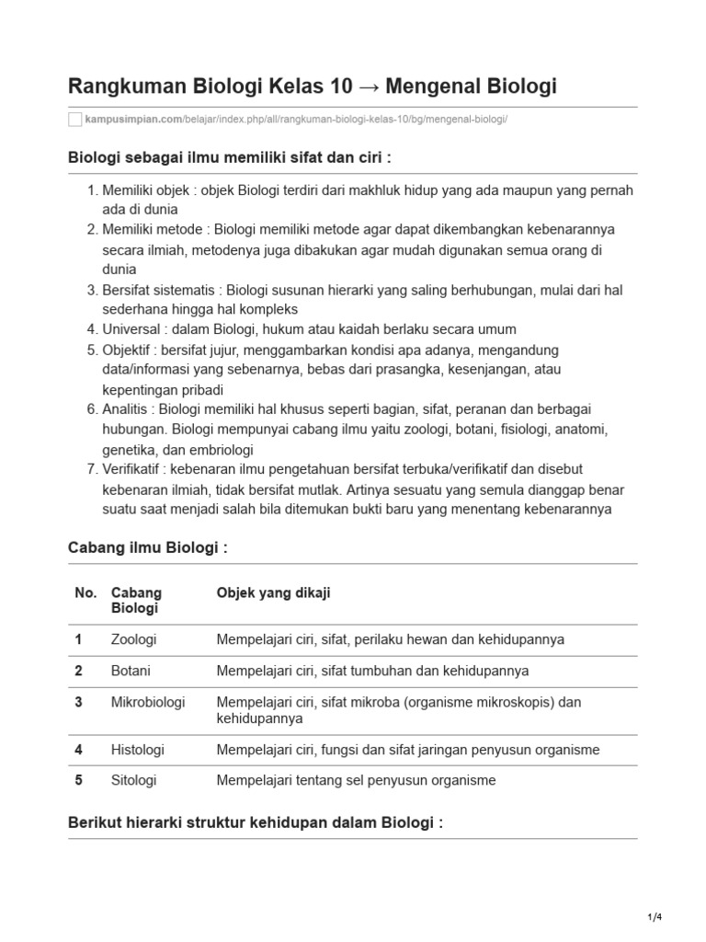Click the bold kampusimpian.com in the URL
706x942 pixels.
point(132,121)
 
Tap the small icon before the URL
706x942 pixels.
point(75,121)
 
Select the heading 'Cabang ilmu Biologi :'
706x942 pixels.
point(147,547)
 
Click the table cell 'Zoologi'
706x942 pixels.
point(133,638)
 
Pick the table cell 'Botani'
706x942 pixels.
point(131,671)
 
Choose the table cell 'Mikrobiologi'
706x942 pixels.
point(147,702)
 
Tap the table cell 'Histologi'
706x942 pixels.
point(137,750)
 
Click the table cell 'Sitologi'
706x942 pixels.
point(133,780)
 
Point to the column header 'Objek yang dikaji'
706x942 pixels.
point(273,593)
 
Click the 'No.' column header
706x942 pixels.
point(85,593)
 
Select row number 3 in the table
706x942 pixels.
point(79,702)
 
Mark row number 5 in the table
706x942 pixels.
point(79,780)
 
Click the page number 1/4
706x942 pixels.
point(654,918)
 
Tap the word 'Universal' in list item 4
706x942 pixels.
point(130,329)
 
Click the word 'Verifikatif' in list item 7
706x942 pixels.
point(134,469)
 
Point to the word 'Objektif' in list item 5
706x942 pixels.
point(128,350)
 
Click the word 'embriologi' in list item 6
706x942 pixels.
point(222,450)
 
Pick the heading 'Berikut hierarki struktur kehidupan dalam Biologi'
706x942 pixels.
point(256,821)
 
